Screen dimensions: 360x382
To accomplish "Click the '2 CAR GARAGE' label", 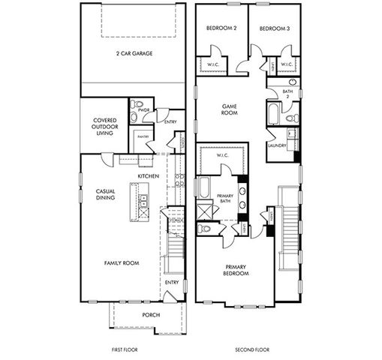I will click(x=131, y=54).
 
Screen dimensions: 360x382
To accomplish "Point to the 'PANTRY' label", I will click(x=142, y=136).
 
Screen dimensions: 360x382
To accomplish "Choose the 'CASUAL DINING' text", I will click(x=104, y=195).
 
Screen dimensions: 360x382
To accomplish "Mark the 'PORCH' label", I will click(x=151, y=315).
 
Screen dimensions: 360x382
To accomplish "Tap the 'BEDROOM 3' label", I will click(x=274, y=28).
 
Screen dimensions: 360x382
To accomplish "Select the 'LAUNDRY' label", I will click(x=277, y=145).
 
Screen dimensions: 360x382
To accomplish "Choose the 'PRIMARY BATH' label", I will click(x=224, y=198).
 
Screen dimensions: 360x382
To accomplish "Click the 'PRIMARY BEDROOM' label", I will click(x=236, y=270).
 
